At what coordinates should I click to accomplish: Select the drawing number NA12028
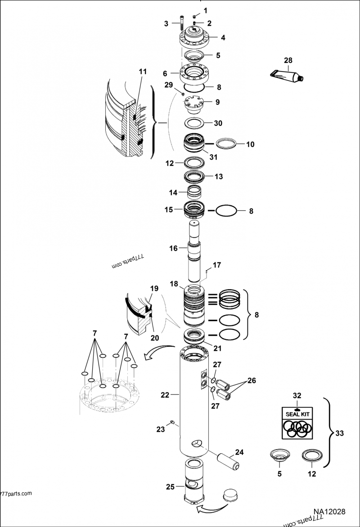coord(329,512)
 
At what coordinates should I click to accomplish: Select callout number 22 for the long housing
coord(165,395)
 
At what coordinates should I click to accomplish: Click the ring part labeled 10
coord(227,144)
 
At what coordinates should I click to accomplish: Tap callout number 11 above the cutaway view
coord(143,71)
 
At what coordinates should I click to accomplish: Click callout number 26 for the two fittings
coord(251,380)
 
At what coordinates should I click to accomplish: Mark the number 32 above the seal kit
coord(297,395)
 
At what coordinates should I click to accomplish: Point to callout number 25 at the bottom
coord(170,487)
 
